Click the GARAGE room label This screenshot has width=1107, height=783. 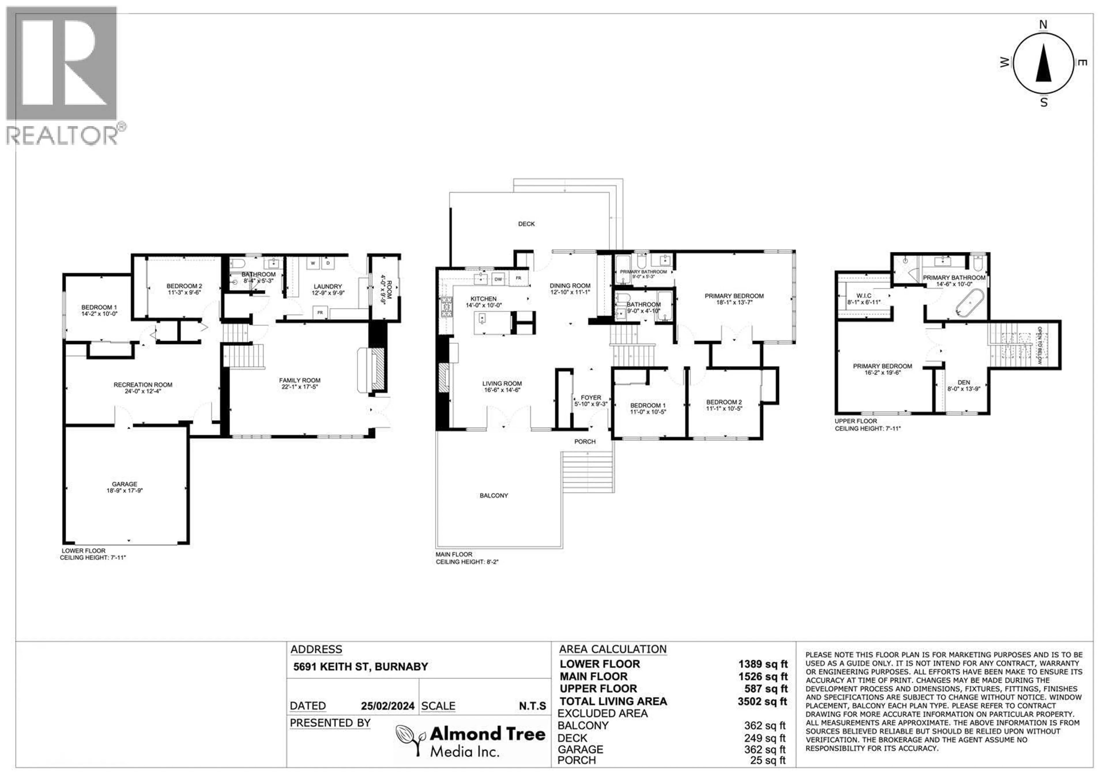tap(124, 484)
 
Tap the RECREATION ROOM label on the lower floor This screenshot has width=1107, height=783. tap(143, 385)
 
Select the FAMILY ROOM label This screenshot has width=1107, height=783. tap(300, 380)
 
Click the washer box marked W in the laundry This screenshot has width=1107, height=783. tap(313, 263)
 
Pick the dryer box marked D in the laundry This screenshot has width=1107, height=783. tap(328, 263)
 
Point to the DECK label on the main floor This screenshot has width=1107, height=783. tap(526, 224)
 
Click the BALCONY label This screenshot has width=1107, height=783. tap(494, 495)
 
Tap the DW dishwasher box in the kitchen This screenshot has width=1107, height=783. tap(498, 279)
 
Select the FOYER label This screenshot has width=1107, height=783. tap(591, 398)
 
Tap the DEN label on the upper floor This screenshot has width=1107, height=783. tap(963, 382)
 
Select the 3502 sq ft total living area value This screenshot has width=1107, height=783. tap(762, 701)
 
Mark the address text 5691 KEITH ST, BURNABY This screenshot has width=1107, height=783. tap(361, 667)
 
